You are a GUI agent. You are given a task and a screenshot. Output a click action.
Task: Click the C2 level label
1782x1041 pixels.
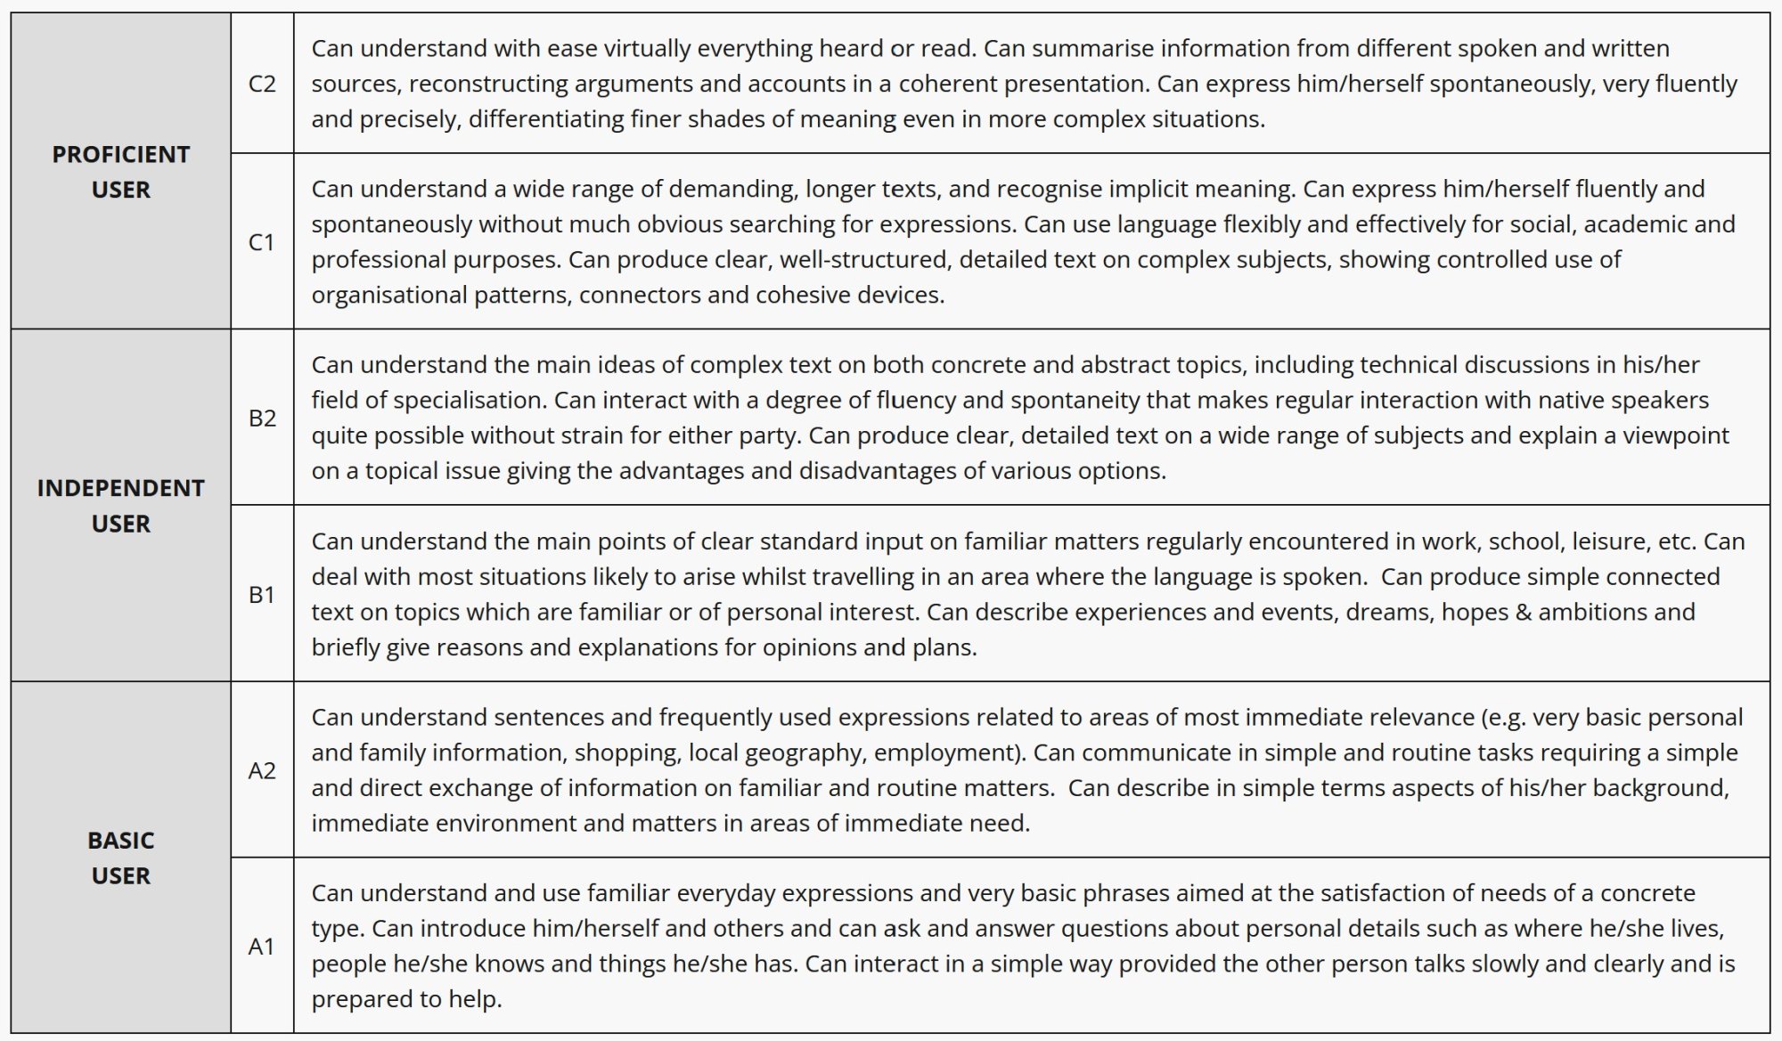pos(262,84)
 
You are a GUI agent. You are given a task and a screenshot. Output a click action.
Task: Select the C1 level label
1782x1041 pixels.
pos(261,242)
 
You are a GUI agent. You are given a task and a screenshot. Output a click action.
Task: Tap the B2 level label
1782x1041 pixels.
pos(262,418)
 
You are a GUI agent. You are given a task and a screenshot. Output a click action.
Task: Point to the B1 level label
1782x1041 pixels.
pos(261,594)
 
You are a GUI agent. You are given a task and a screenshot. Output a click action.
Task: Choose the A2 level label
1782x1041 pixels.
pos(261,770)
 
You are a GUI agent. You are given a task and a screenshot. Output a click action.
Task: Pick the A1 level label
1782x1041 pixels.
pos(261,947)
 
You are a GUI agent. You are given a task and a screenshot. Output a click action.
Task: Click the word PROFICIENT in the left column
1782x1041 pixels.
pos(121,154)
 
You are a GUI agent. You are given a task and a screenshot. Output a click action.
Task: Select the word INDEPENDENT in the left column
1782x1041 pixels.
pos(121,488)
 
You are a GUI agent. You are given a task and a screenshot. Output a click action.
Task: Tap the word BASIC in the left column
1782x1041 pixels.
pos(121,840)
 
